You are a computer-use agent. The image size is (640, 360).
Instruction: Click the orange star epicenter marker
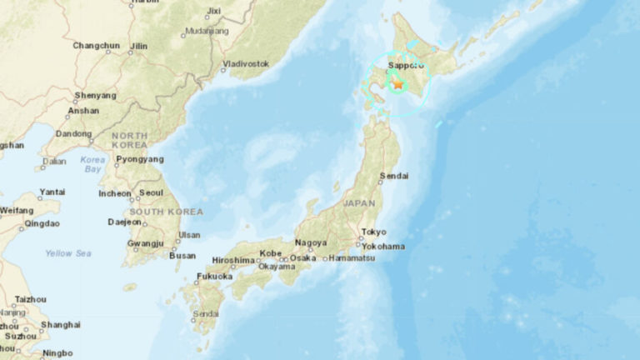(398, 83)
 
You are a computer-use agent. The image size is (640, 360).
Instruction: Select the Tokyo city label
(373, 232)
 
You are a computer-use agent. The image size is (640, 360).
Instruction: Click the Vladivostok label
(246, 63)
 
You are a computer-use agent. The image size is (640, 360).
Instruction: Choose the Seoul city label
(151, 192)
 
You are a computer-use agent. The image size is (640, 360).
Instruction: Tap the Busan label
(182, 256)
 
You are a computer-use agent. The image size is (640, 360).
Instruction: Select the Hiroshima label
(233, 260)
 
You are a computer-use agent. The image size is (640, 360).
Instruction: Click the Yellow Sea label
(68, 253)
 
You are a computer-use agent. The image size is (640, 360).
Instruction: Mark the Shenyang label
(95, 96)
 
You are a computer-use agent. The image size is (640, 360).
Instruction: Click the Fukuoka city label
(214, 276)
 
